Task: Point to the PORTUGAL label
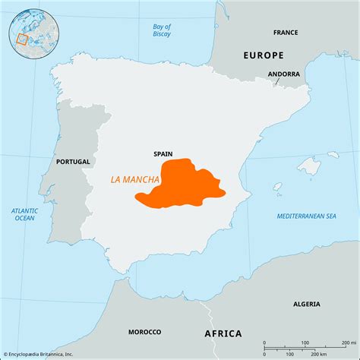pos(73,162)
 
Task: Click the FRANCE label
pos(286,33)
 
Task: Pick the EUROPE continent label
pos(263,55)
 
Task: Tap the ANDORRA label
pos(283,74)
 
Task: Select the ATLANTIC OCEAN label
pos(24,214)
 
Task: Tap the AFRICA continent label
pos(223,333)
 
